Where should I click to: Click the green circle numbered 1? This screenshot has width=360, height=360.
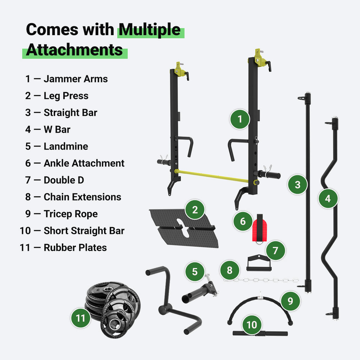(x=240, y=119)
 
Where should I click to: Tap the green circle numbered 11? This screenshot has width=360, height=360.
(x=81, y=318)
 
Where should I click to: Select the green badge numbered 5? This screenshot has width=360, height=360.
(x=195, y=271)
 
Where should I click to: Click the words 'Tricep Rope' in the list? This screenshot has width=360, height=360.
(x=71, y=214)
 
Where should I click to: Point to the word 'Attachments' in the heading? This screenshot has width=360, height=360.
(x=75, y=50)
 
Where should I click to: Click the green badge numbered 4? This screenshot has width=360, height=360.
(x=328, y=199)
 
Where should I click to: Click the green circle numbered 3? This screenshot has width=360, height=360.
(x=297, y=185)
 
